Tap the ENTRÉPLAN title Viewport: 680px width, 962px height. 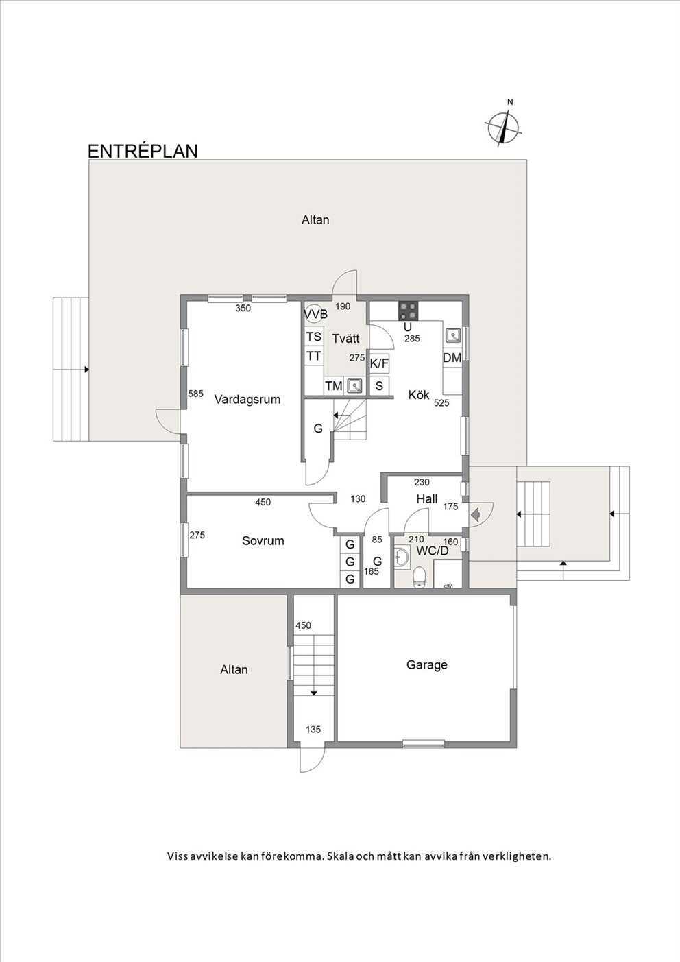[x=143, y=151]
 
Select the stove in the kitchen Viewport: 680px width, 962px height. [x=409, y=311]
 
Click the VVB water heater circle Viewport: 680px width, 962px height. [x=313, y=313]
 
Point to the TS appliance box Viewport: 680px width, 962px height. [x=314, y=337]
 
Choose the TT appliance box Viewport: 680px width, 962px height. [x=314, y=356]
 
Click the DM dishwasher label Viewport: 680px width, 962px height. [x=452, y=357]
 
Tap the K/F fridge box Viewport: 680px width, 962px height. [x=379, y=364]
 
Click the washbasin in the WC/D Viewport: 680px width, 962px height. [x=402, y=557]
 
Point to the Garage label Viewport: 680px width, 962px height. [x=427, y=665]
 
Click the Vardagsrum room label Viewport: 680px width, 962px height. [x=247, y=400]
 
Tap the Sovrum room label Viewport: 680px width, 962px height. [x=263, y=541]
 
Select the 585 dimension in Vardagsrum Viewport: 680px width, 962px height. [x=196, y=394]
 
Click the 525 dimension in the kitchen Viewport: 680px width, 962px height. [x=441, y=403]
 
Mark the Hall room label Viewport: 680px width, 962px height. [x=427, y=499]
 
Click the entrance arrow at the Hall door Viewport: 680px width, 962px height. [x=475, y=514]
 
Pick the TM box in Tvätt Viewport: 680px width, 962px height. [x=334, y=386]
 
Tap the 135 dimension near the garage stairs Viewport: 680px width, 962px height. [x=313, y=730]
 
